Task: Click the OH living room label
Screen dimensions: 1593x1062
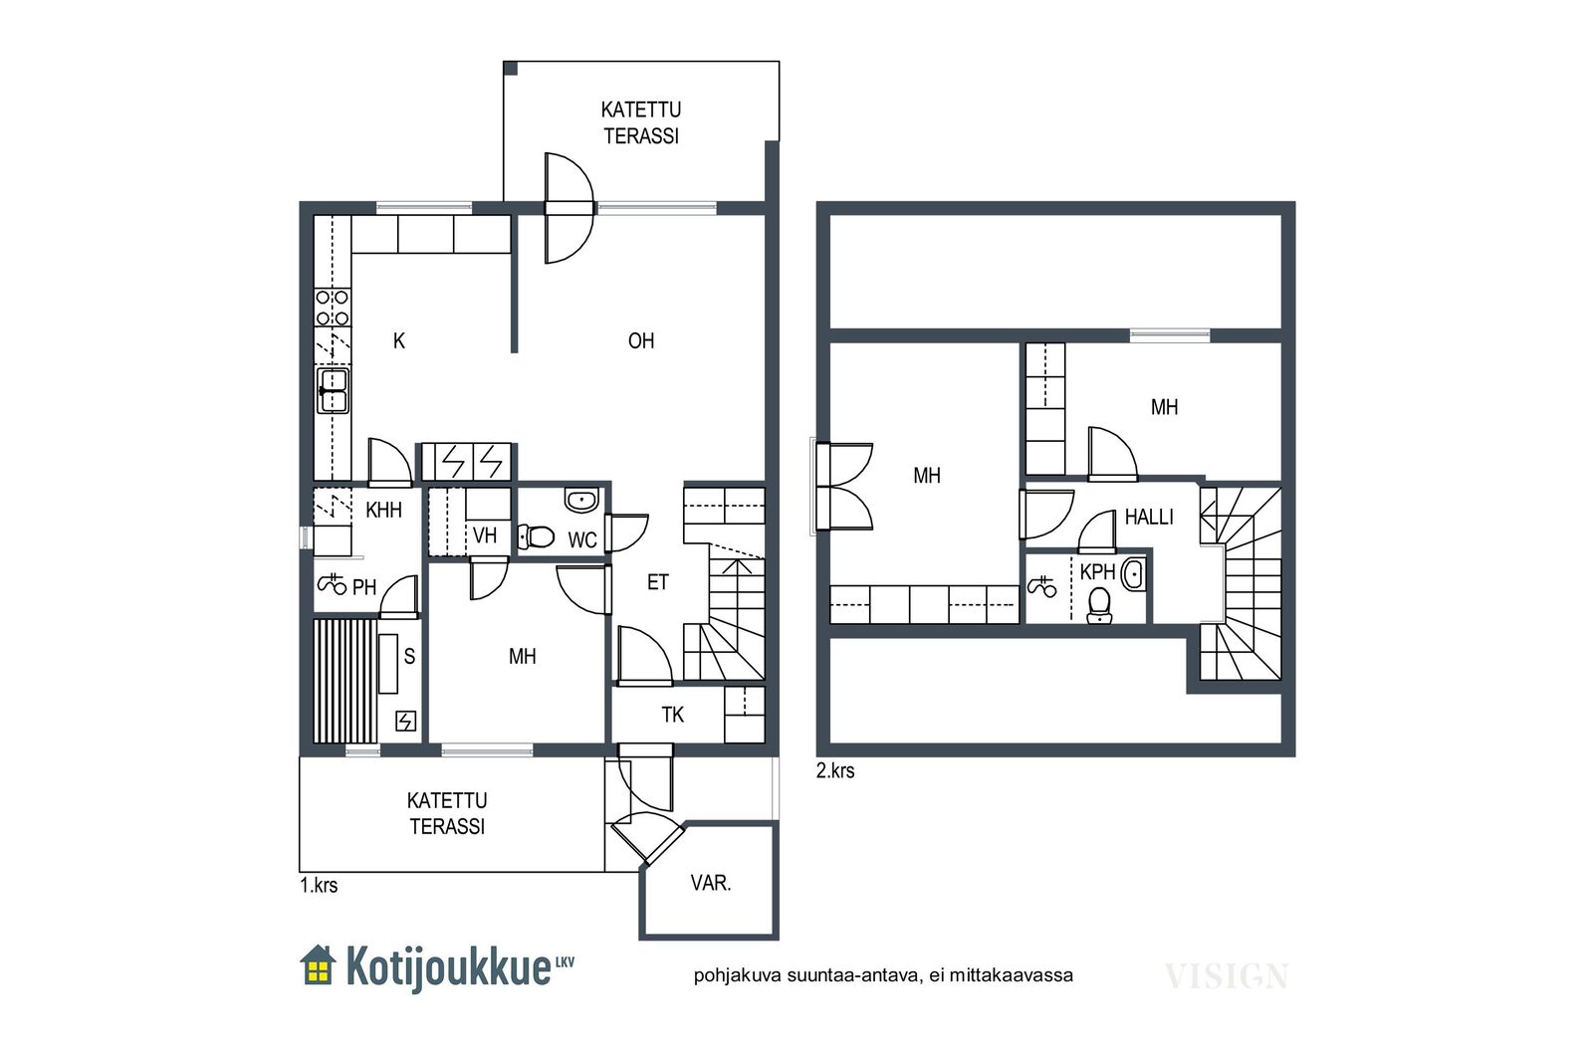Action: click(641, 341)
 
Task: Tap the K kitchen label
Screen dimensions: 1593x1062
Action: click(399, 341)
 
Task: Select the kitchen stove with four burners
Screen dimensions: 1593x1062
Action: click(333, 308)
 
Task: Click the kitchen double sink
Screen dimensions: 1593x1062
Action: click(333, 390)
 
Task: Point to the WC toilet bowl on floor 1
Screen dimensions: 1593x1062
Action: click(536, 536)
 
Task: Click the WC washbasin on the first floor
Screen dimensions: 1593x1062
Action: click(581, 500)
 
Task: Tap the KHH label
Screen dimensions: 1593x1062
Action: click(383, 511)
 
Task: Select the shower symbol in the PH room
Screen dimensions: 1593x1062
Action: click(332, 583)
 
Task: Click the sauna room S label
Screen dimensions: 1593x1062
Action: click(409, 655)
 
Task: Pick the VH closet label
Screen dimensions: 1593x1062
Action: click(484, 535)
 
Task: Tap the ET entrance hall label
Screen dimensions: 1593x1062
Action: click(658, 583)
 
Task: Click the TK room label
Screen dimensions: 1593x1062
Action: click(672, 715)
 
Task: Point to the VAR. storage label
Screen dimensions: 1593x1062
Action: click(711, 883)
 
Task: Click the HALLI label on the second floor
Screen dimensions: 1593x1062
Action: click(1149, 517)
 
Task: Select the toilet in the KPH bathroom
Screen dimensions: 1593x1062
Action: click(1099, 605)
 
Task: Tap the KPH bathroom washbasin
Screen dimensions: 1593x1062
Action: click(1134, 574)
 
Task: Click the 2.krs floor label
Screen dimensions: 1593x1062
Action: click(835, 771)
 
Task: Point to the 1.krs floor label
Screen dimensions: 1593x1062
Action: click(319, 886)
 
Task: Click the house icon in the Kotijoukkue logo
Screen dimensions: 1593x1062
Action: click(318, 965)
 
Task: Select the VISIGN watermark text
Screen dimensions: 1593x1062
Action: click(1226, 976)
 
